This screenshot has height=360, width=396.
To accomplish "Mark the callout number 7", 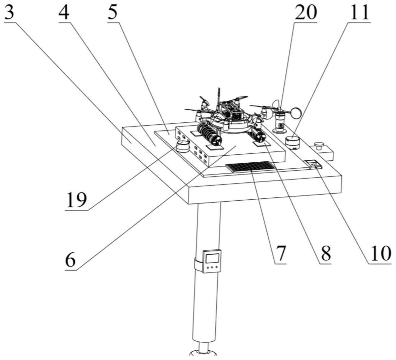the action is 281,254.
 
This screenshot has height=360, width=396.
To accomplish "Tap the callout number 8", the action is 326,254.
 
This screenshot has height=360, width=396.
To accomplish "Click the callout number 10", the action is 380,254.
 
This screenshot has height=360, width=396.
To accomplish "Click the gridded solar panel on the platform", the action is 251,166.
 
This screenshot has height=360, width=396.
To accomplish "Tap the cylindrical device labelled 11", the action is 292,143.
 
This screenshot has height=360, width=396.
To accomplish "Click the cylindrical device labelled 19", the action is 183,146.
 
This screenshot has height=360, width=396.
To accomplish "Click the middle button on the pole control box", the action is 212,267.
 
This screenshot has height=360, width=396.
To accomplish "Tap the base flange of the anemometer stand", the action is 279,130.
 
